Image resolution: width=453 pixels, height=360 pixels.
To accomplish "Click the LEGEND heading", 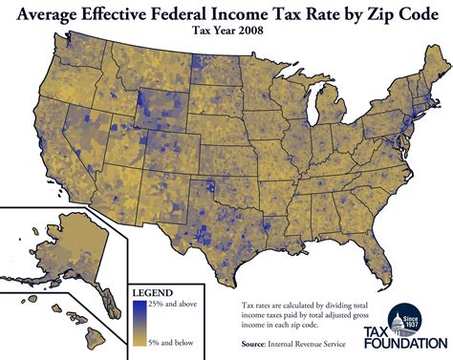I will [151, 291].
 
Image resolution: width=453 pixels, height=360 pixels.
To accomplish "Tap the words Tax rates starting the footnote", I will [256, 303].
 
